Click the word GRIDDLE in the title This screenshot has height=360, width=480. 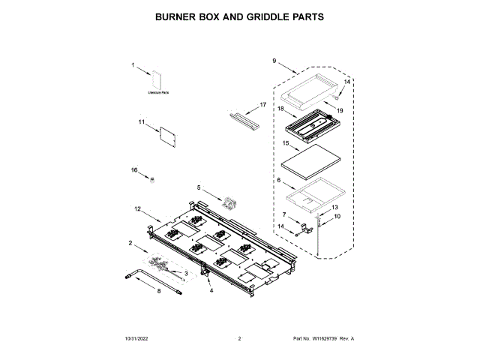[x=260, y=16]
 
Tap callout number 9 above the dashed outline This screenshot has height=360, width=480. [x=274, y=61]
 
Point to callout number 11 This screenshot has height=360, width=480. [x=140, y=121]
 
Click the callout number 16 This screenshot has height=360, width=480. [x=135, y=171]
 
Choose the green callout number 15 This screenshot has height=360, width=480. [x=285, y=142]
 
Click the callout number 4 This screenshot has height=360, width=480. [x=211, y=289]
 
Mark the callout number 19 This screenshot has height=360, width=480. [x=339, y=111]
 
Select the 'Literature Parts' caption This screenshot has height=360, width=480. [x=157, y=92]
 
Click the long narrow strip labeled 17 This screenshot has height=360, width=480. [x=243, y=116]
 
